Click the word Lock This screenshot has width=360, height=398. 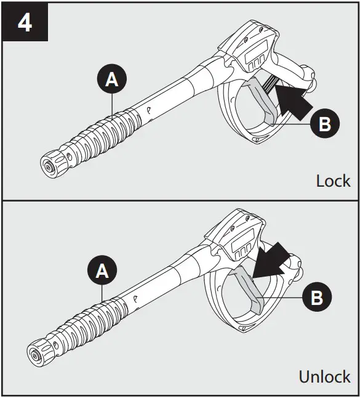(x=333, y=181)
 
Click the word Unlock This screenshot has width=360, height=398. (x=324, y=376)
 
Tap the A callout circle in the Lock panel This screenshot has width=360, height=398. (x=111, y=79)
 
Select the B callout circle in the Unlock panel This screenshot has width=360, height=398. (x=316, y=298)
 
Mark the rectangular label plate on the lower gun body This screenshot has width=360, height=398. (x=241, y=247)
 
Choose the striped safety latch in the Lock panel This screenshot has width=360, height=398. (x=269, y=86)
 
